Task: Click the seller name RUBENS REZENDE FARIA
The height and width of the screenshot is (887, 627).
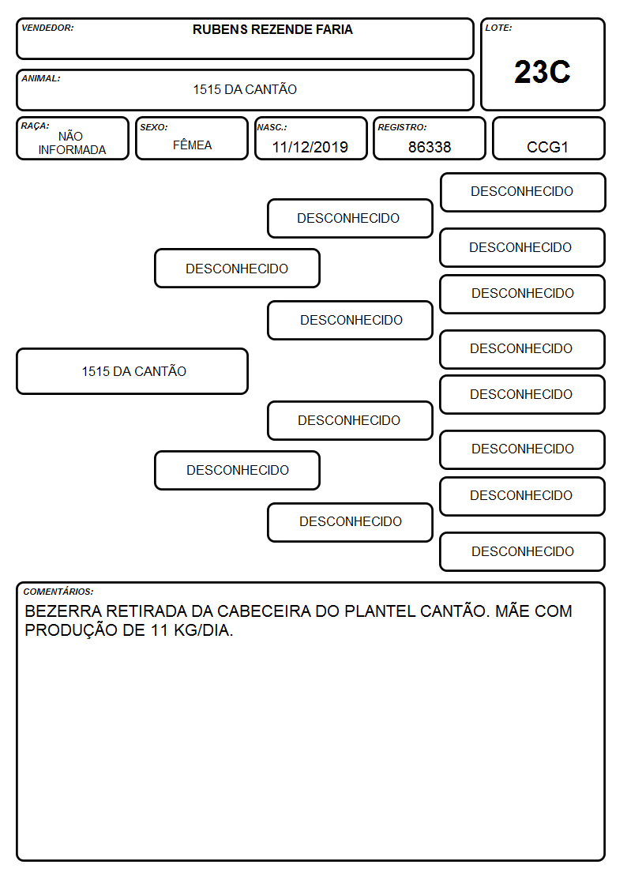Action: [272, 29]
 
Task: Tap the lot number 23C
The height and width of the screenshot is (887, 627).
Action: [543, 72]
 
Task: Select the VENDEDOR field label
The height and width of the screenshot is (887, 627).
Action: [47, 28]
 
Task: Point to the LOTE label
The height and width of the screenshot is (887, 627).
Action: [498, 28]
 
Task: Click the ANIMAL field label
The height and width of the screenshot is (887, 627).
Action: [41, 79]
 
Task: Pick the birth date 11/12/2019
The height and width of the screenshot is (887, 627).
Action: [310, 147]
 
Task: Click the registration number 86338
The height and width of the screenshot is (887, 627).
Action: [430, 147]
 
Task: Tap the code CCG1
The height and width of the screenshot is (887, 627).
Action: [547, 147]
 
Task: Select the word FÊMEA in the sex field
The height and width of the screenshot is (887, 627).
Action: [192, 145]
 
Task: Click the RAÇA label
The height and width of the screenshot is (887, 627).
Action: [35, 126]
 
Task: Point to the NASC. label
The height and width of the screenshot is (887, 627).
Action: [272, 127]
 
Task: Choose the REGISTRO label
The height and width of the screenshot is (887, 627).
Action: [402, 127]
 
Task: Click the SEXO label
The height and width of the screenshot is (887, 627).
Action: [154, 127]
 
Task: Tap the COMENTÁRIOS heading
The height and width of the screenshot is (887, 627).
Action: [58, 592]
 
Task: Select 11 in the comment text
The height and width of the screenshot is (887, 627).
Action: [160, 630]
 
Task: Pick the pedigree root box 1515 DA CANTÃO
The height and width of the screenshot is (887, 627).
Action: [133, 371]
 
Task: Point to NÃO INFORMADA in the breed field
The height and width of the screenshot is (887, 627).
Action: [72, 143]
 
